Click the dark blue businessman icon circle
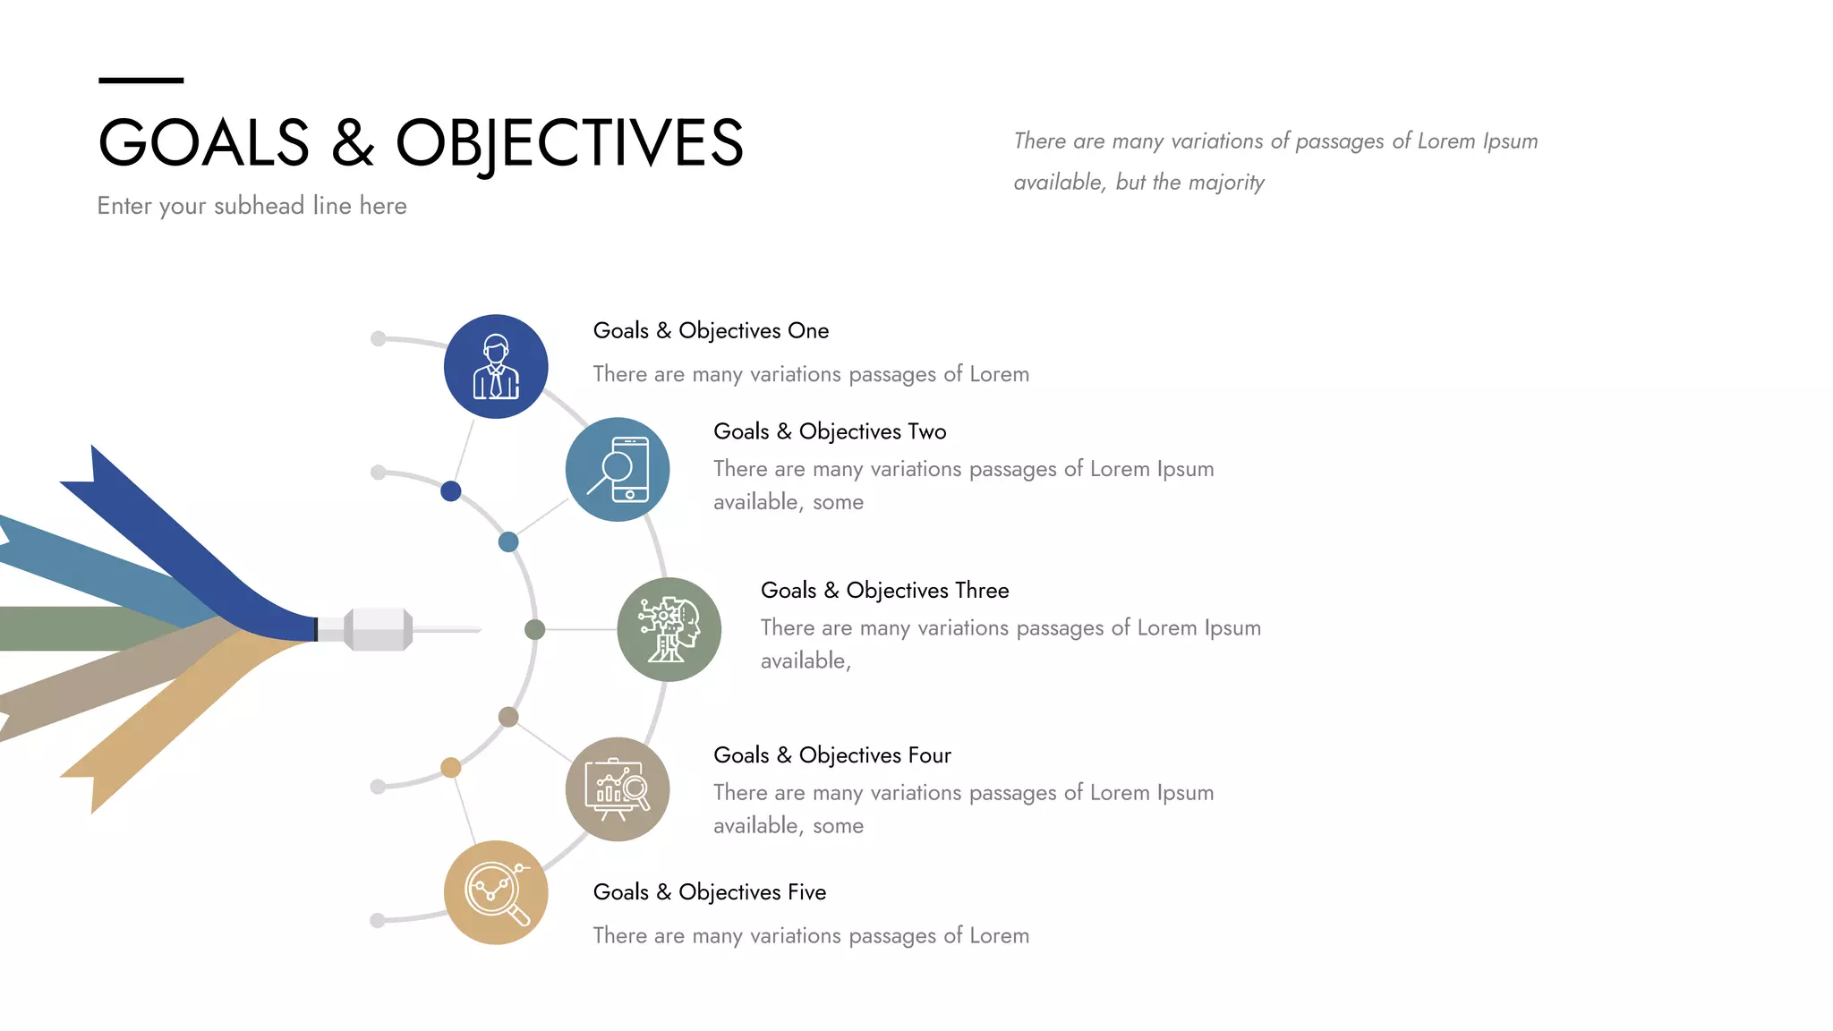pyautogui.click(x=496, y=366)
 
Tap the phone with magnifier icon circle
pyautogui.click(x=618, y=469)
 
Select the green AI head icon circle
pyautogui.click(x=669, y=629)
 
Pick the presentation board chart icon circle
pyautogui.click(x=618, y=789)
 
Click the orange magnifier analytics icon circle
pyautogui.click(x=496, y=892)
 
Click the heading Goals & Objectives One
pyautogui.click(x=711, y=330)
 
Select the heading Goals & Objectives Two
pyautogui.click(x=830, y=431)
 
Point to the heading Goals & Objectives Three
pyautogui.click(x=884, y=591)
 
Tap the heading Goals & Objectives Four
pyautogui.click(x=831, y=755)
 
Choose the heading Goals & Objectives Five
pyautogui.click(x=709, y=892)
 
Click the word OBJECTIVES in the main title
pyautogui.click(x=569, y=143)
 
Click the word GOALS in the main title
pyautogui.click(x=204, y=143)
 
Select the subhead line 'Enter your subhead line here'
pyautogui.click(x=252, y=206)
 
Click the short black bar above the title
pyautogui.click(x=141, y=81)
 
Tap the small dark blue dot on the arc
pyautogui.click(x=451, y=490)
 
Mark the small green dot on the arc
pyautogui.click(x=534, y=629)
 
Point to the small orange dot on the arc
pyautogui.click(x=451, y=767)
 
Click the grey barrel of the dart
pyautogui.click(x=378, y=629)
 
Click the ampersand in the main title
pyautogui.click(x=353, y=143)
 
